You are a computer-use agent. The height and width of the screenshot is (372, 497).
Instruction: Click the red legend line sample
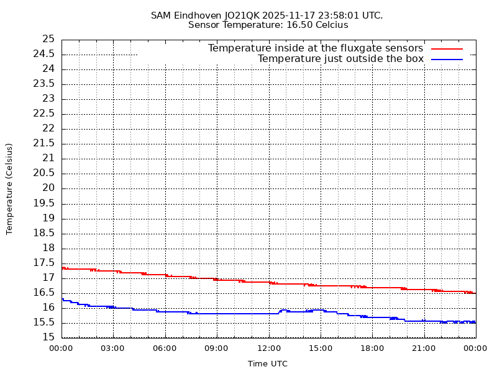tap(447, 48)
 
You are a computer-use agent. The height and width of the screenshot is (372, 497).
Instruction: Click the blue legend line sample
tap(447, 60)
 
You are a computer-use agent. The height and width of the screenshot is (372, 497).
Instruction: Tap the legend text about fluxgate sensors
tap(315, 48)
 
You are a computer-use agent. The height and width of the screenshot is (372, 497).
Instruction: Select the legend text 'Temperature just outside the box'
tap(340, 59)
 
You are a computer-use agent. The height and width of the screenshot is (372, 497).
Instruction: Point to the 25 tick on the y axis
tap(48, 39)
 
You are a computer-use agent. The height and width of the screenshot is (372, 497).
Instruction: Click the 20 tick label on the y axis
tap(48, 188)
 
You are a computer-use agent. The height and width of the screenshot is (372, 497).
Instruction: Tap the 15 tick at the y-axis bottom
tap(48, 337)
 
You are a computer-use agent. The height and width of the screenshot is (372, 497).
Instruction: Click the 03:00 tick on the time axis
tap(113, 348)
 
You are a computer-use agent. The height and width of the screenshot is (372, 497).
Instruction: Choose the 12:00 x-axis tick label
tap(269, 348)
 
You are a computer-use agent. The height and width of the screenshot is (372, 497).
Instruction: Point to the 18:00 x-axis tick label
tap(372, 348)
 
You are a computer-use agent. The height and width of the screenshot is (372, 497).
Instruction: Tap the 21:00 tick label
tap(424, 348)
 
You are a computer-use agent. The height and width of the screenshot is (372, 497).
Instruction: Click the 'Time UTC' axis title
tap(268, 364)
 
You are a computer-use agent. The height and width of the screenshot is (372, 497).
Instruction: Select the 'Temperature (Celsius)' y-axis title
tap(9, 188)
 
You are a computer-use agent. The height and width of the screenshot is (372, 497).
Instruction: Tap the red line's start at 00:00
tap(63, 267)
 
